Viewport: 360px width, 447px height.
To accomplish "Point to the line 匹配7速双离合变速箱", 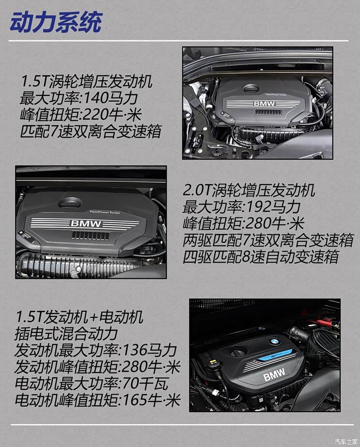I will point(90,131).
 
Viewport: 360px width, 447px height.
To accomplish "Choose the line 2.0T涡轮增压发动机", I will point(249,190).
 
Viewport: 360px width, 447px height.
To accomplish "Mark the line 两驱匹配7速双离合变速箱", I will point(268,239).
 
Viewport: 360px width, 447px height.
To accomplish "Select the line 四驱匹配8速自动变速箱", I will point(260,256).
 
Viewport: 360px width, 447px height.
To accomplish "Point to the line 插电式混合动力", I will point(66,334).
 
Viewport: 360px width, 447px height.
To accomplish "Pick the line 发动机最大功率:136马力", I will point(96,350).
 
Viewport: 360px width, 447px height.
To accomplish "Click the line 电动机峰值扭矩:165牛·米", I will point(97,400).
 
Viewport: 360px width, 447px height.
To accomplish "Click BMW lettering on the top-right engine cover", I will point(264,104).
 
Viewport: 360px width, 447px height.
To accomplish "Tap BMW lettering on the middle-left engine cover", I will point(86,223).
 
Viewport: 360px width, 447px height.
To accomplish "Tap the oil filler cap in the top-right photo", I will point(251,88).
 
